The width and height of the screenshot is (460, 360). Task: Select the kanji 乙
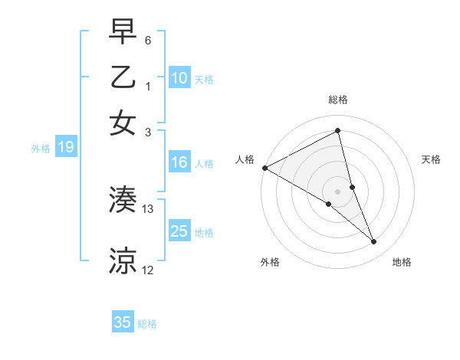[x=123, y=78]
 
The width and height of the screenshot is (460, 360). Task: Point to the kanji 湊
[x=123, y=200]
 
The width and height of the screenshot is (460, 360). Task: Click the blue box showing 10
[x=179, y=78]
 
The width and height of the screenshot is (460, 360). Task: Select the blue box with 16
[x=179, y=162]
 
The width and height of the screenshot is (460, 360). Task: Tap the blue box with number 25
[x=179, y=231]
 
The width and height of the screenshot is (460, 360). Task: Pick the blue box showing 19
[x=65, y=148]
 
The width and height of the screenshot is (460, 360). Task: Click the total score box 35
[x=123, y=322]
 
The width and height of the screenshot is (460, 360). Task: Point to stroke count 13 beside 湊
[x=148, y=208]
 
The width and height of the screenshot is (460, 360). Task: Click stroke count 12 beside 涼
[x=148, y=270]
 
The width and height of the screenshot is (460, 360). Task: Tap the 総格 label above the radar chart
[x=338, y=100]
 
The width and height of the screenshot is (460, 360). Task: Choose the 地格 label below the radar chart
[x=402, y=262]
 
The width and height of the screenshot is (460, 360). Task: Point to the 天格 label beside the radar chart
[x=431, y=159]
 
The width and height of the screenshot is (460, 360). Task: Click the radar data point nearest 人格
[x=264, y=168]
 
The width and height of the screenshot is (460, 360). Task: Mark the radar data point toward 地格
[x=374, y=242]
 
